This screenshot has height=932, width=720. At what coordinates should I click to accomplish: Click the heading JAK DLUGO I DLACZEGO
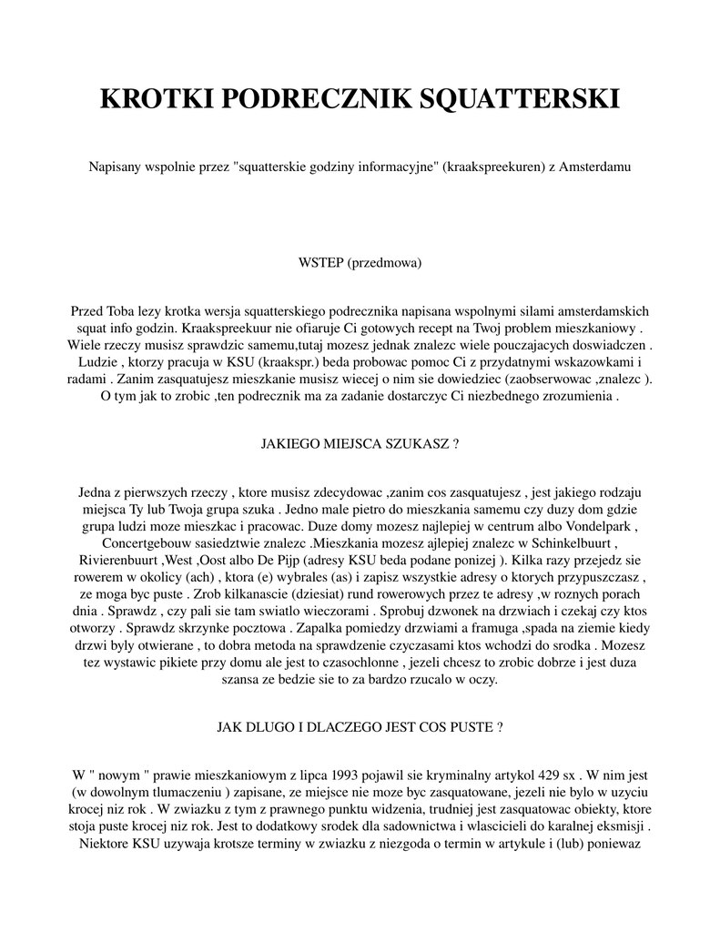tap(360, 728)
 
